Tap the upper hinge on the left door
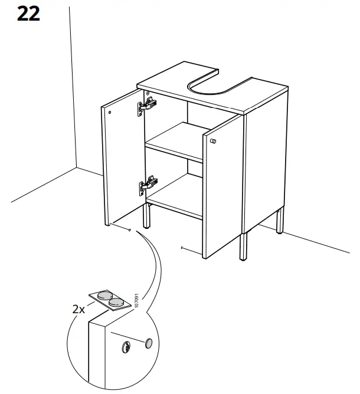148,106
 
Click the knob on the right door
215,141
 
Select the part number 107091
135,300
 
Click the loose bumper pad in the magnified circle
148,343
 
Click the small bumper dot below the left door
129,231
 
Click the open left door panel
123,159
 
